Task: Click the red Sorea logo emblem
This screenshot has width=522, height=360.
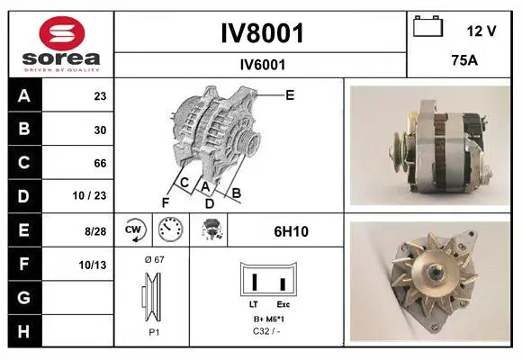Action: [x=62, y=33]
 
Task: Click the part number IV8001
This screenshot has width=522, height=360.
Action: [x=262, y=33]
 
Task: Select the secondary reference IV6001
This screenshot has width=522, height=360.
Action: [x=263, y=65]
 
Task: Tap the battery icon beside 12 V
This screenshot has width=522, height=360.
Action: [x=427, y=26]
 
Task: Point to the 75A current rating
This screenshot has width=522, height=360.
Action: [x=464, y=60]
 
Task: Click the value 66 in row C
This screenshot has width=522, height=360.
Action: [x=100, y=163]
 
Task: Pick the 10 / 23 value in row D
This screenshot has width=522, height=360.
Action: [x=89, y=195]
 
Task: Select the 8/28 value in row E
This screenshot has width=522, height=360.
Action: [x=95, y=231]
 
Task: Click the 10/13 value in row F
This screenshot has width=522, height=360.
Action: [x=93, y=265]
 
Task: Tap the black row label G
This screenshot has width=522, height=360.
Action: [x=24, y=297]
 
